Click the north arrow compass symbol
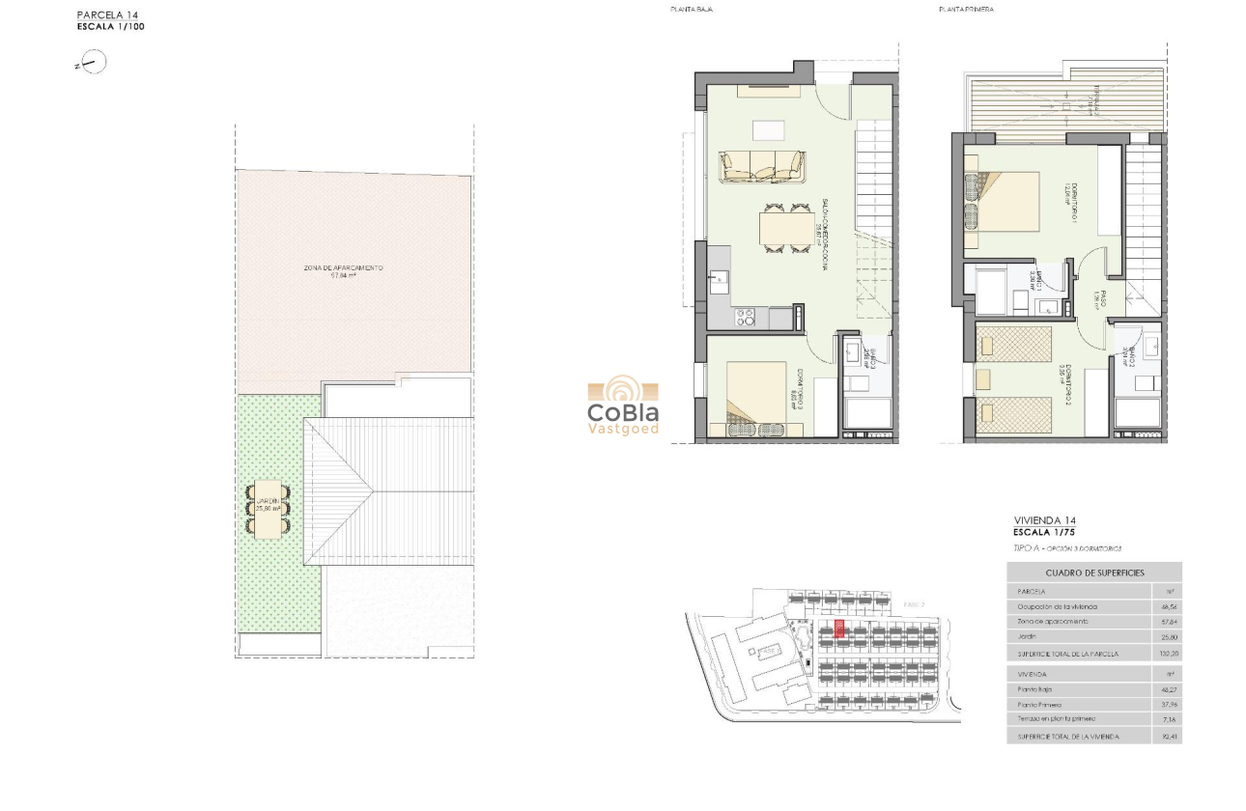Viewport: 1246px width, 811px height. click(x=93, y=64)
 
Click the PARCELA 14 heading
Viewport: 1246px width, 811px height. click(x=107, y=15)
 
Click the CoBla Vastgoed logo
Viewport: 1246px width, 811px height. click(x=623, y=405)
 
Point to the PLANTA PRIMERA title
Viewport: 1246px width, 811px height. click(x=966, y=10)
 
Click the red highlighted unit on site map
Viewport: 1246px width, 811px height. click(x=839, y=629)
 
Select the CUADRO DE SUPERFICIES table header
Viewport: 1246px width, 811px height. click(x=1093, y=573)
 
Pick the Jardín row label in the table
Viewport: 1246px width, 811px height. click(x=1028, y=637)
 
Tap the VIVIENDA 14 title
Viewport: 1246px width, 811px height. click(x=1044, y=520)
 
